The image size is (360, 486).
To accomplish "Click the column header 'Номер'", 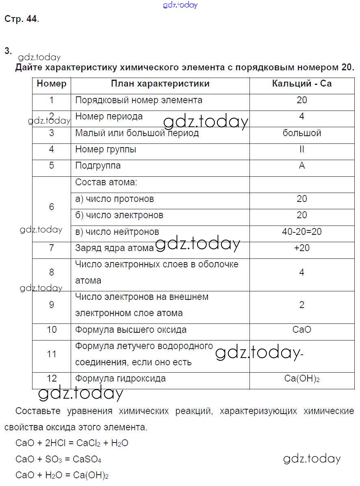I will pyautogui.click(x=51, y=84).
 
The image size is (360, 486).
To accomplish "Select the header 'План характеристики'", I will pyautogui.click(x=160, y=84).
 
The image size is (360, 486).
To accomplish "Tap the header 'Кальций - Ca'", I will pyautogui.click(x=301, y=84).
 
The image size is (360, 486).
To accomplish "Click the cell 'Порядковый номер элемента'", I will pyautogui.click(x=139, y=100).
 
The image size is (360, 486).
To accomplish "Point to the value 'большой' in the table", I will pyautogui.click(x=301, y=133).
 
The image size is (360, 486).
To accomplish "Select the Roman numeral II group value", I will pyautogui.click(x=301, y=149).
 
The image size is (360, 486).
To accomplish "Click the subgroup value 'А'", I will pyautogui.click(x=301, y=166).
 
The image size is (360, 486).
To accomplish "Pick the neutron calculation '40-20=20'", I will pyautogui.click(x=301, y=232).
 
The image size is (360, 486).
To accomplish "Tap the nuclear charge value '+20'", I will pyautogui.click(x=301, y=248).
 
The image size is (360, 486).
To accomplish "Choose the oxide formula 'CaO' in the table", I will pyautogui.click(x=301, y=330).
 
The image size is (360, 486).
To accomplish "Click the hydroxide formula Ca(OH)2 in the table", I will pyautogui.click(x=302, y=379).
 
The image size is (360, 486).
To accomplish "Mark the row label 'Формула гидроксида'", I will pyautogui.click(x=120, y=379).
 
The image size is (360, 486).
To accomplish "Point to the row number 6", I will pyautogui.click(x=51, y=207).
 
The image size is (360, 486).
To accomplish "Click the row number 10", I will pyautogui.click(x=51, y=330).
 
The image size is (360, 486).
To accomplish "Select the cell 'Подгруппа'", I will pyautogui.click(x=98, y=166).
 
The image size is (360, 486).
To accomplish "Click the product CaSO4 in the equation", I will pyautogui.click(x=87, y=460).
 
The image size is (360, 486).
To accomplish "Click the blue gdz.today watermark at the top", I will pyautogui.click(x=180, y=5).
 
